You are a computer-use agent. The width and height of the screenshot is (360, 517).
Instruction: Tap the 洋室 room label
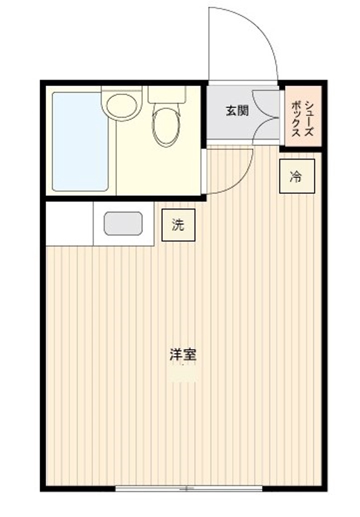pos(183,355)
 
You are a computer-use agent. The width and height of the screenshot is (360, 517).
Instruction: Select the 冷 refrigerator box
pos(297,176)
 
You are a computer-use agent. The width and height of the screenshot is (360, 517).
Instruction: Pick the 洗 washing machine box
pos(178,225)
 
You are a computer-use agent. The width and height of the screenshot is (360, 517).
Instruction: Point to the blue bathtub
pos(80,141)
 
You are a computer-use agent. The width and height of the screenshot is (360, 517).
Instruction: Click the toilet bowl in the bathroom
pos(167,126)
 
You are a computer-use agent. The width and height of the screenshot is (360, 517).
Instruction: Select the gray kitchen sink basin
pos(123,224)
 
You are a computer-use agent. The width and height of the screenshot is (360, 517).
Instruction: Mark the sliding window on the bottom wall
pos(187,487)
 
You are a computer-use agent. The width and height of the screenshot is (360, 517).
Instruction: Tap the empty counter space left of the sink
pos(70,224)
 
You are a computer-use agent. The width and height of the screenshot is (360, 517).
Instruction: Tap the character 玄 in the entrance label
pos(231,111)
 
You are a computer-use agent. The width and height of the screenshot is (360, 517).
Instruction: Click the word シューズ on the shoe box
pos(310,117)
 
